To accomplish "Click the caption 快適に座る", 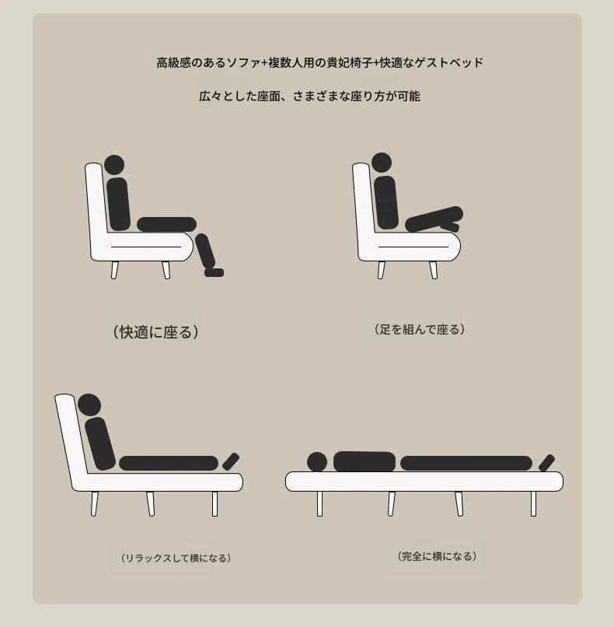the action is coord(155,332).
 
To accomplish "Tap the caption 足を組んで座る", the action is coord(420,330).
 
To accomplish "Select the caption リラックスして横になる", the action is coord(176,558).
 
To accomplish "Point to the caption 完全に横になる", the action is coord(438,556).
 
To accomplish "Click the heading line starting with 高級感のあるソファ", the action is coord(319,63).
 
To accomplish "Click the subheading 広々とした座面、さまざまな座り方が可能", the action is coord(309,96).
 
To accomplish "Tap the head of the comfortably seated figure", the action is coord(114,165).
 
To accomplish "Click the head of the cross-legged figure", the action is coord(382,163).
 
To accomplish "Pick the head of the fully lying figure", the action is coord(317,462).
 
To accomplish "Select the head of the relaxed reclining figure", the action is coord(89,405).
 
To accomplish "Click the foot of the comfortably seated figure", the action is coord(214,272).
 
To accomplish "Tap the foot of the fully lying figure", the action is coord(546,463).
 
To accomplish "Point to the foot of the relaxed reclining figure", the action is coord(231,461).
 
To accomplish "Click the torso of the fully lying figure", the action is coord(365,462).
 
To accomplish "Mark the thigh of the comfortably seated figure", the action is coord(166,225).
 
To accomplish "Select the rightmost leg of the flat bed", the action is coord(533,504).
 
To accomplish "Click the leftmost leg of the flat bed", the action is coord(319,504).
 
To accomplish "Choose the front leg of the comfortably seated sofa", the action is coord(166,270).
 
